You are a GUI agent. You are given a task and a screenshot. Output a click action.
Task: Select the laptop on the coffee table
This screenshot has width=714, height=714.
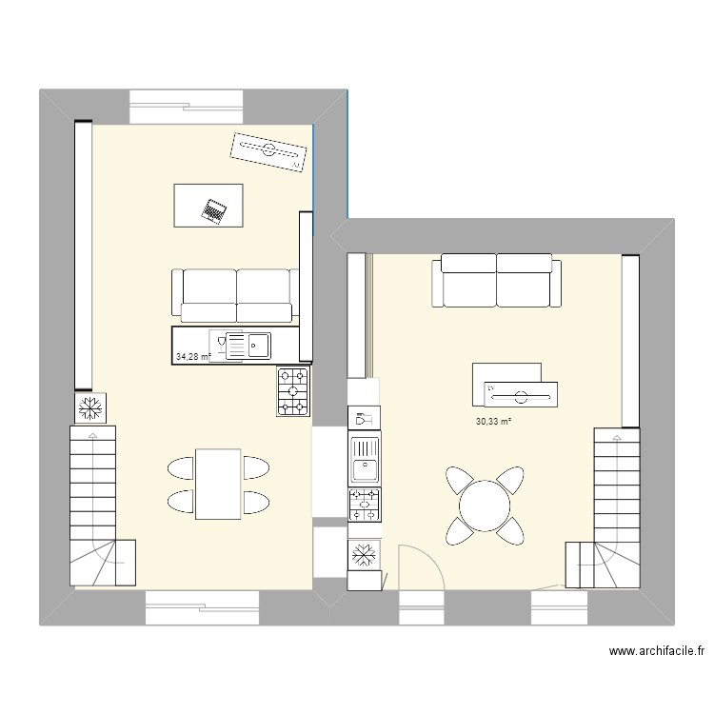[x=213, y=209]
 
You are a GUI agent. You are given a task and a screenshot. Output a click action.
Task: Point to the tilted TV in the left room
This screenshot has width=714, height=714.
[x=268, y=151]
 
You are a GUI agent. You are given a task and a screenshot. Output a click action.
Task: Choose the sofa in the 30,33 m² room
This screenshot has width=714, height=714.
[x=494, y=282]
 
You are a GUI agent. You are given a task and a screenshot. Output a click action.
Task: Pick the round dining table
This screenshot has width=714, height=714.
[x=485, y=505]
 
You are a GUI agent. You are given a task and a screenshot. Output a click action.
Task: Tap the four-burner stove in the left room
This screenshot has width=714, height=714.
[x=293, y=390]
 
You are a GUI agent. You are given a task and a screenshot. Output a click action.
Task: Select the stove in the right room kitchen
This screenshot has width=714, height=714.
[x=365, y=505]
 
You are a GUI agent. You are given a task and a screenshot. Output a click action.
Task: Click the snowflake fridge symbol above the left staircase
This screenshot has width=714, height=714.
[x=92, y=408]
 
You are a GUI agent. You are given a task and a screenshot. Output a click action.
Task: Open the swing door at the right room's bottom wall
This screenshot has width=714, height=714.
[x=417, y=569]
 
